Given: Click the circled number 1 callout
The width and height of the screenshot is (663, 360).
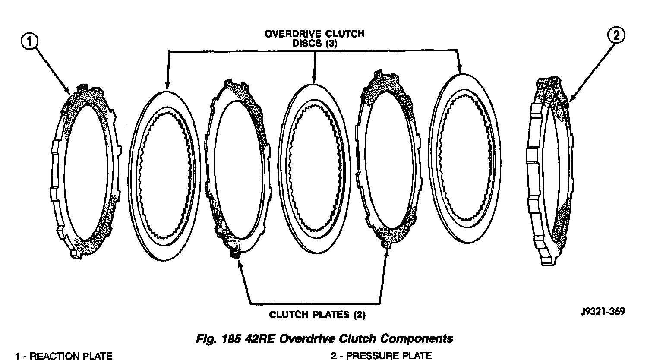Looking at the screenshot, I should click(x=29, y=42).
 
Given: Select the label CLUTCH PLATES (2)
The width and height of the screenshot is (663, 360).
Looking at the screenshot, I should click(x=317, y=315).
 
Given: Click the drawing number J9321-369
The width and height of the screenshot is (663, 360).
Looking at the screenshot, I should click(x=602, y=312).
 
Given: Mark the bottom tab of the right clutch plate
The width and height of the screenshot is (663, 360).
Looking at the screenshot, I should click(x=385, y=246).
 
